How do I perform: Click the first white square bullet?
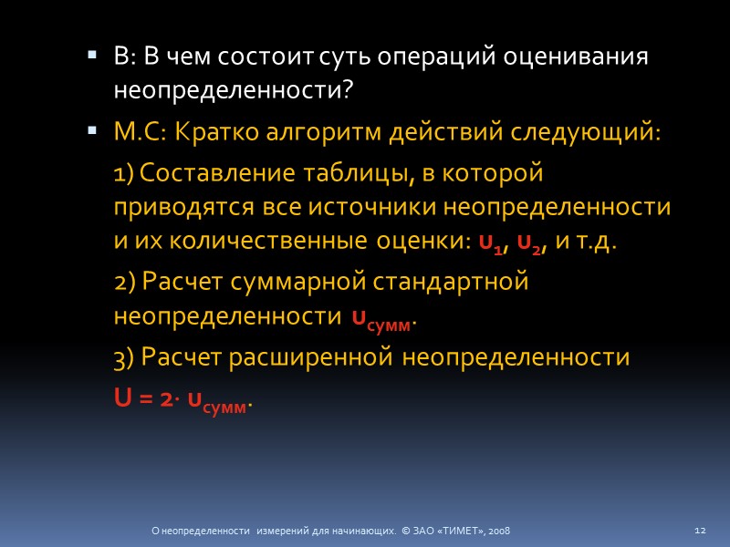[x=91, y=57]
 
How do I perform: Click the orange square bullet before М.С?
[x=91, y=132]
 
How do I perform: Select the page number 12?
[x=702, y=530]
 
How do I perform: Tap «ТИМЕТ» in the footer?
[x=464, y=530]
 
